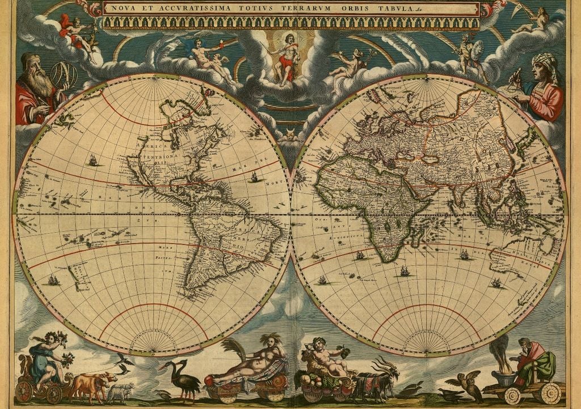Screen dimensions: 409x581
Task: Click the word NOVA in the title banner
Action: coord(123,9)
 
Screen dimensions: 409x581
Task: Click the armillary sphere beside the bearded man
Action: coord(64,74)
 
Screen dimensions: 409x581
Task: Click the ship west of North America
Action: coord(92,161)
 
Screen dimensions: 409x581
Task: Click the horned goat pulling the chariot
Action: coord(386,375)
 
